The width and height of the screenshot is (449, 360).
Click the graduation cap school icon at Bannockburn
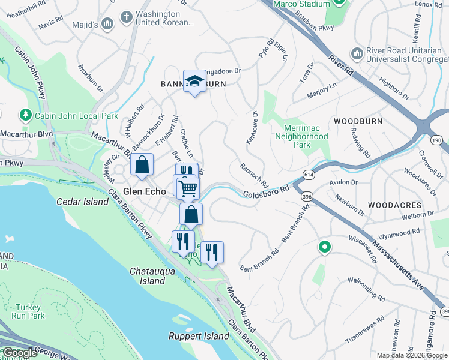pyautogui.click(x=194, y=81)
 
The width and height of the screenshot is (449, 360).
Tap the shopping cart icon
pyautogui.click(x=188, y=188)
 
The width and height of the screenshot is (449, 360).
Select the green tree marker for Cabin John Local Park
pyautogui.click(x=26, y=114)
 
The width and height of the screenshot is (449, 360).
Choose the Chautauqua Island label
pyautogui.click(x=148, y=276)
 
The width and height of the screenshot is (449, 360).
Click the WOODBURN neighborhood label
pyautogui.click(x=358, y=121)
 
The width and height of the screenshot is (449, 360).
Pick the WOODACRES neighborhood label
pyautogui.click(x=395, y=205)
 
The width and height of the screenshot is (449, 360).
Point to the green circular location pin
pyautogui.click(x=325, y=247)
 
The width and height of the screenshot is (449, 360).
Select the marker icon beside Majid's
pyautogui.click(x=107, y=24)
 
